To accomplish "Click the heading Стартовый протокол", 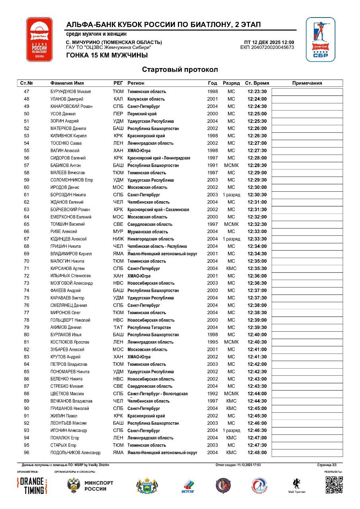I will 180,70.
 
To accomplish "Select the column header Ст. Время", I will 257,84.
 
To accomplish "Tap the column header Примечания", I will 307,84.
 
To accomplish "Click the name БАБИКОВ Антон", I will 66,165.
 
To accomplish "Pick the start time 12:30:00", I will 257,188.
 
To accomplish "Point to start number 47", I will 27,92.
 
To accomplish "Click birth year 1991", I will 212,165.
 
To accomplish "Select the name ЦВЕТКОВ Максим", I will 67,394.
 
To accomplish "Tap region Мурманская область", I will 148,232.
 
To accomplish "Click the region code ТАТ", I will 118,328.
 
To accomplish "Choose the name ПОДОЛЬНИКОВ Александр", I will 75,453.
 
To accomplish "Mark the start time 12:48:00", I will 257,453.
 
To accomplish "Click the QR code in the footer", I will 334,485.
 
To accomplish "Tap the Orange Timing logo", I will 32,486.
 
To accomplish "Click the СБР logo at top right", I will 320,39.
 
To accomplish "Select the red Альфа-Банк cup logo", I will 39,39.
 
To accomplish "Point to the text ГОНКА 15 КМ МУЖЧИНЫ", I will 107,55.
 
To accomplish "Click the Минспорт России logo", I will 90,486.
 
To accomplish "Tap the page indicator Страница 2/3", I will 327,465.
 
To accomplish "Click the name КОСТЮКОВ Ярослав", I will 70,342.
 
